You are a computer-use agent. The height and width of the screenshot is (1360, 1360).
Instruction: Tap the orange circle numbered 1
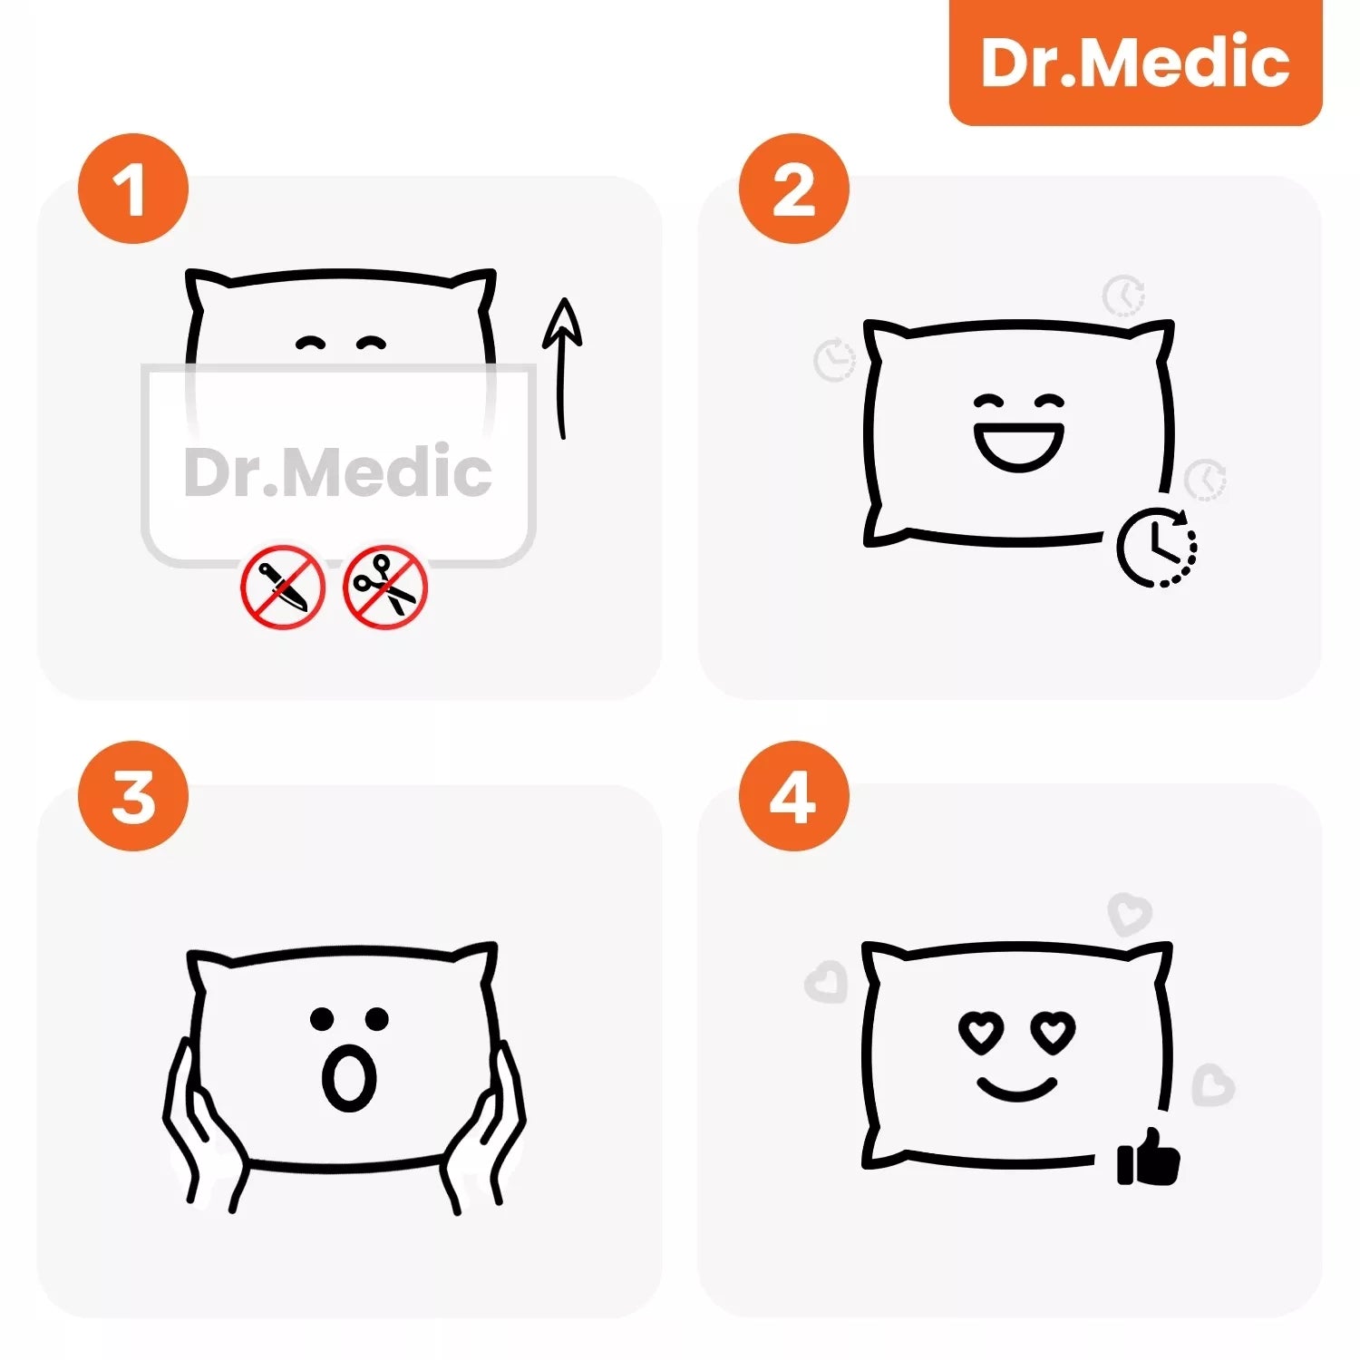(x=133, y=189)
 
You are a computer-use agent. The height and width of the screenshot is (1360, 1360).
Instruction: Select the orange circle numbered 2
(x=793, y=189)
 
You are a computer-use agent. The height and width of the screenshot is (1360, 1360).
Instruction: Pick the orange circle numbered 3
(x=133, y=796)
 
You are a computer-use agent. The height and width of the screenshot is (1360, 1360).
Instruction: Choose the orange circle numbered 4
(x=793, y=796)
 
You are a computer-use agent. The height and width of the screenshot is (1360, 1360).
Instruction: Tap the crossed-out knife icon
(x=283, y=587)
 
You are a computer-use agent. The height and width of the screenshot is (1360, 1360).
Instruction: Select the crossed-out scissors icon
(x=385, y=587)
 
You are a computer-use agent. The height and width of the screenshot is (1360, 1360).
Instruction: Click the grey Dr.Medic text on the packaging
(x=337, y=471)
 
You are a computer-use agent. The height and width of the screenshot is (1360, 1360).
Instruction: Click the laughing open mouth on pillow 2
(x=1019, y=446)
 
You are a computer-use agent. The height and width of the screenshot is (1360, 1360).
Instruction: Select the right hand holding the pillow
(x=482, y=1124)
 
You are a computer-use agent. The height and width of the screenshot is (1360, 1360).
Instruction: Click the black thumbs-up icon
(x=1148, y=1157)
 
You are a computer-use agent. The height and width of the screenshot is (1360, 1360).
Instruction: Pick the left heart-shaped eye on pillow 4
(x=981, y=1031)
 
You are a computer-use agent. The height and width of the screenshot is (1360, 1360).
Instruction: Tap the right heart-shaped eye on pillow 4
(x=1053, y=1031)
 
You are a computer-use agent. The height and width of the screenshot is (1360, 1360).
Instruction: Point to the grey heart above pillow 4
(x=1130, y=914)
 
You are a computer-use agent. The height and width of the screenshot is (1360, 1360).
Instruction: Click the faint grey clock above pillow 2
(x=1124, y=296)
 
